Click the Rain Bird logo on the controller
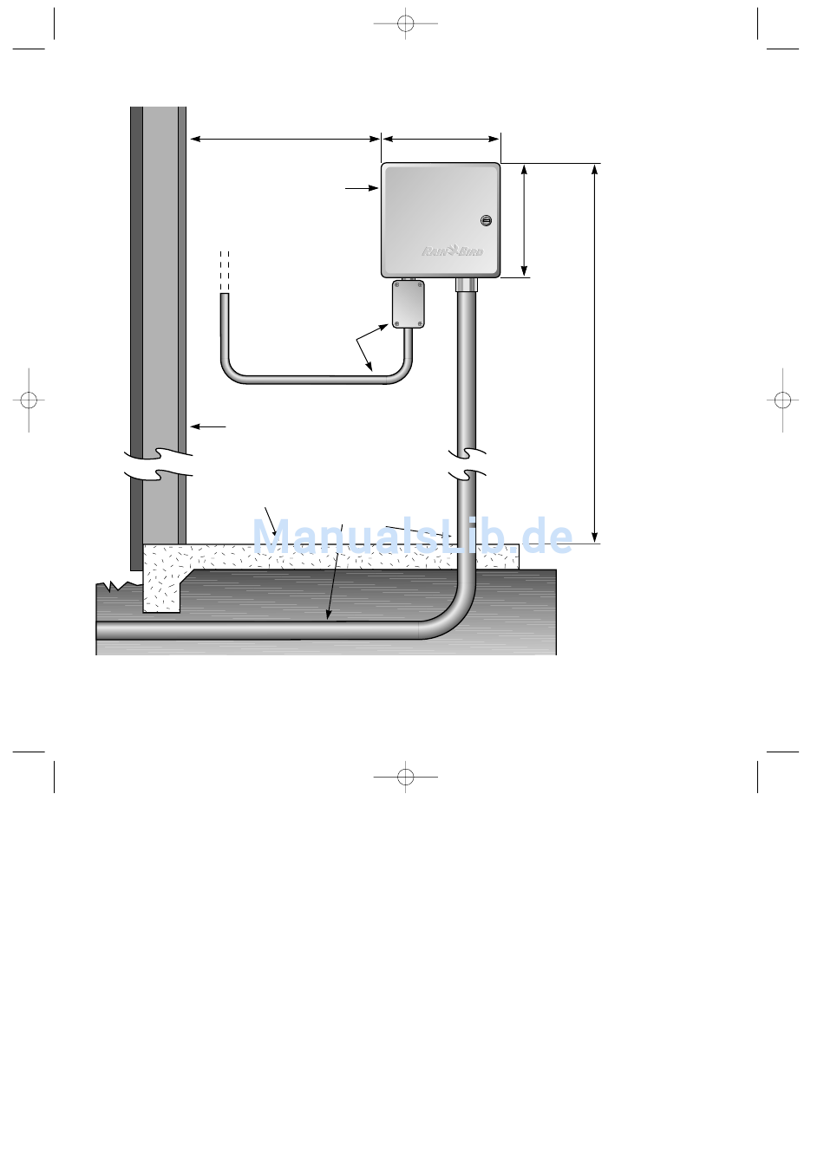pyautogui.click(x=453, y=251)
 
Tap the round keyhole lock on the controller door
pyautogui.click(x=486, y=220)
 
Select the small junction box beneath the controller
pyautogui.click(x=408, y=303)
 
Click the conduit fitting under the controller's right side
pyautogui.click(x=467, y=284)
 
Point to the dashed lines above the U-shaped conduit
pyautogui.click(x=225, y=272)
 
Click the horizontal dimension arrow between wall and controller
pyautogui.click(x=284, y=139)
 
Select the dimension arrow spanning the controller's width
pyautogui.click(x=441, y=139)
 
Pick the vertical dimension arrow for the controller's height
pyautogui.click(x=524, y=220)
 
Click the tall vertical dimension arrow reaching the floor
pyautogui.click(x=594, y=354)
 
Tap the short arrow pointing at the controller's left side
pyautogui.click(x=362, y=188)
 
